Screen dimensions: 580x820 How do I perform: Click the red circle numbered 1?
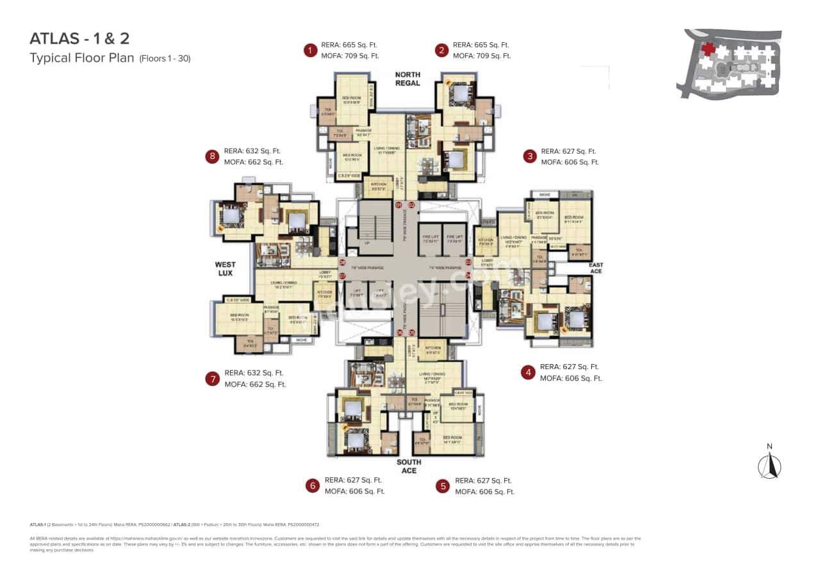point(311,50)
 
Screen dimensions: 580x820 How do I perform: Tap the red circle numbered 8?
point(211,156)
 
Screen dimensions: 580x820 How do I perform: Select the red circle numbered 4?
point(528,372)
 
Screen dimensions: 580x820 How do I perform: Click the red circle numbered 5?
point(442,486)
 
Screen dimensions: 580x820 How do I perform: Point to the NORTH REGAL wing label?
point(407,79)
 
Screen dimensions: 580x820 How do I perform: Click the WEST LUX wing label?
point(225,269)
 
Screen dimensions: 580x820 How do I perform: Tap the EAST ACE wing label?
point(596,269)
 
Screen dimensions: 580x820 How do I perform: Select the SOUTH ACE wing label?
point(409,467)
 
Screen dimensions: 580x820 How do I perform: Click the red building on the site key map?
point(709,49)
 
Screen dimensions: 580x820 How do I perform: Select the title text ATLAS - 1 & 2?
point(79,38)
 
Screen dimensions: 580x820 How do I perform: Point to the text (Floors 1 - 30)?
point(165,58)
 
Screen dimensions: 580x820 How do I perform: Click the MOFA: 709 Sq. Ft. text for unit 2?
point(481,56)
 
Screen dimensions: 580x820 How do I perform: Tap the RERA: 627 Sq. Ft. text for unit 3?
point(568,152)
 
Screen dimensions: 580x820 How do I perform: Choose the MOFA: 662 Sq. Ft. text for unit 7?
point(255,385)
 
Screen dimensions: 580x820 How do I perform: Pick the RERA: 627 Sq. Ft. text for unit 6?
point(353,480)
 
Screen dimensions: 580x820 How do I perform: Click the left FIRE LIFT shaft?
point(430,238)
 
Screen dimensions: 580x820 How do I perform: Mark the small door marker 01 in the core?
point(398,205)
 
